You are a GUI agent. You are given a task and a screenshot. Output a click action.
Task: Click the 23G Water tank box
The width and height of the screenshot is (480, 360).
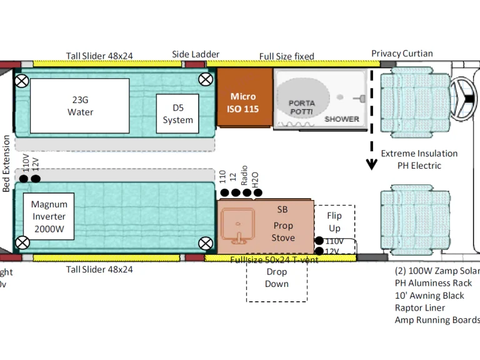tap(79, 106)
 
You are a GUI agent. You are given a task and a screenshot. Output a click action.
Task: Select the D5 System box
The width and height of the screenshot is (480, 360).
tap(177, 113)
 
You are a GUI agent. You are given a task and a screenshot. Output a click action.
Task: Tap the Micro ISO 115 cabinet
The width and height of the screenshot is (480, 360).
tap(243, 102)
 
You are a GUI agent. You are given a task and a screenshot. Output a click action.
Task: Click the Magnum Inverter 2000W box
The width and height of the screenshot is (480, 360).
tap(49, 216)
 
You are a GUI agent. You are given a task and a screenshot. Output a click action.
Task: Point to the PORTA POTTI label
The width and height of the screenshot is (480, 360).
tap(302, 107)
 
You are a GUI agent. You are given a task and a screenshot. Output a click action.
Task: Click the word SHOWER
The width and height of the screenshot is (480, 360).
tap(342, 119)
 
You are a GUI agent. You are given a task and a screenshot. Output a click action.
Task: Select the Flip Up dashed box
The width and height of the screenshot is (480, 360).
tap(334, 222)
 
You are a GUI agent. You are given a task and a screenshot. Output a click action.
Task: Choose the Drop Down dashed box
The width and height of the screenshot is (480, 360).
tap(276, 278)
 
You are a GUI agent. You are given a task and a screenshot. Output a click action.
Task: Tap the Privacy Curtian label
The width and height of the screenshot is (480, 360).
tap(402, 53)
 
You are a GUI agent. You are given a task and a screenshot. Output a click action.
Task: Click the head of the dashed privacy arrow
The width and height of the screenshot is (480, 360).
tap(372, 165)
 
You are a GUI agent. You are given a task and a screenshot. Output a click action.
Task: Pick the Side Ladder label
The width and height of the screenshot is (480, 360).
tap(196, 54)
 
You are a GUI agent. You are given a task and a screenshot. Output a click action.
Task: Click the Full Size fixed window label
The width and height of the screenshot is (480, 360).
tap(286, 56)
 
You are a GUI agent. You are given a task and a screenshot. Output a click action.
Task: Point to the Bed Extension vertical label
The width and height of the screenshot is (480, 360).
tap(6, 163)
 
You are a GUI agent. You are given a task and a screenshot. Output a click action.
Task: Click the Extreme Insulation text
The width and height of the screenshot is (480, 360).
tap(419, 153)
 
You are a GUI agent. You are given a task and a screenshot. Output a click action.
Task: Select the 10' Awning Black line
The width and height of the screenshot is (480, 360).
tap(429, 295)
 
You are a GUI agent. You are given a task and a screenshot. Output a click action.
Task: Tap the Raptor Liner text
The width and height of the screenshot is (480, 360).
tap(420, 307)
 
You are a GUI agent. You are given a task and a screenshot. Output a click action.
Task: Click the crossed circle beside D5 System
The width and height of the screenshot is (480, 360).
tap(205, 79)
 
